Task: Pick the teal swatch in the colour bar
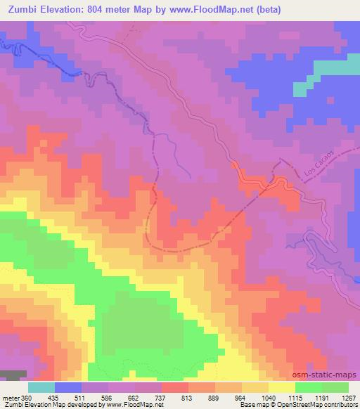41,388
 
